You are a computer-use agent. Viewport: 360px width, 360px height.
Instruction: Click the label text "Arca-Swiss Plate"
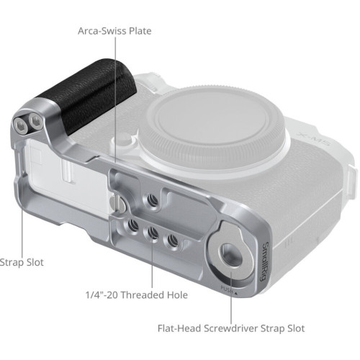[x=114, y=31]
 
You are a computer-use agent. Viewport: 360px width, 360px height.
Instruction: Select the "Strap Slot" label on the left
[x=22, y=263]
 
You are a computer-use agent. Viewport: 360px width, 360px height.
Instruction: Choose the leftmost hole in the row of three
[x=132, y=225]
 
